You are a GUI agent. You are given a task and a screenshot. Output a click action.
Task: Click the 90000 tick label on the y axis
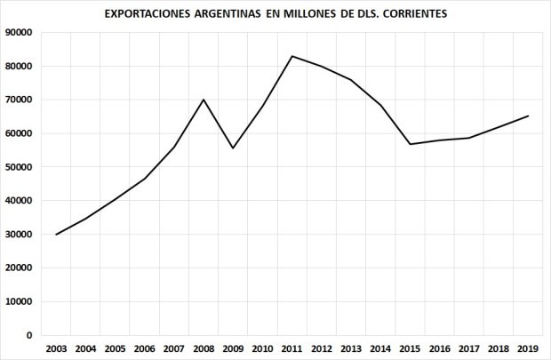pos(19,33)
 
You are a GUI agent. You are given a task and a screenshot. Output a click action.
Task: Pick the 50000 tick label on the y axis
pos(19,167)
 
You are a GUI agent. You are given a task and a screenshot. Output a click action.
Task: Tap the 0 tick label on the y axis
pos(29,336)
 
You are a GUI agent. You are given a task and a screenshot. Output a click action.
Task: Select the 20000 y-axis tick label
pos(19,268)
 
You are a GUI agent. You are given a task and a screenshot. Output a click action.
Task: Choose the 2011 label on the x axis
pos(292,348)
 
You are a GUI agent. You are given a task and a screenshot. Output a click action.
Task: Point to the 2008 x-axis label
pos(203,348)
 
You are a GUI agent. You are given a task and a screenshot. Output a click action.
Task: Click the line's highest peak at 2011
pos(292,56)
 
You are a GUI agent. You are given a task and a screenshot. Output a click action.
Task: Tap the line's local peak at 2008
pos(204,100)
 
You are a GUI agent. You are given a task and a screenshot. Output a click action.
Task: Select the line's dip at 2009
pos(233,148)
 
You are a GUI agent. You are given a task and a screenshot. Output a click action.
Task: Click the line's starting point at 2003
pos(55,235)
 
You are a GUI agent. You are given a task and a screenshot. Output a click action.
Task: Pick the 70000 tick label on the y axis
pos(19,100)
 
